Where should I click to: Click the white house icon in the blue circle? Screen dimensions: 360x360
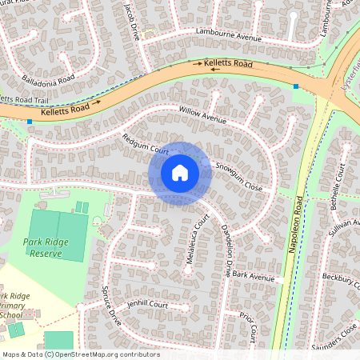tap(180, 173)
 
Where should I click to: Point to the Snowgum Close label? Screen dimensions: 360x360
tap(238, 177)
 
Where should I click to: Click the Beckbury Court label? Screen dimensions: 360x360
tap(342, 277)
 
